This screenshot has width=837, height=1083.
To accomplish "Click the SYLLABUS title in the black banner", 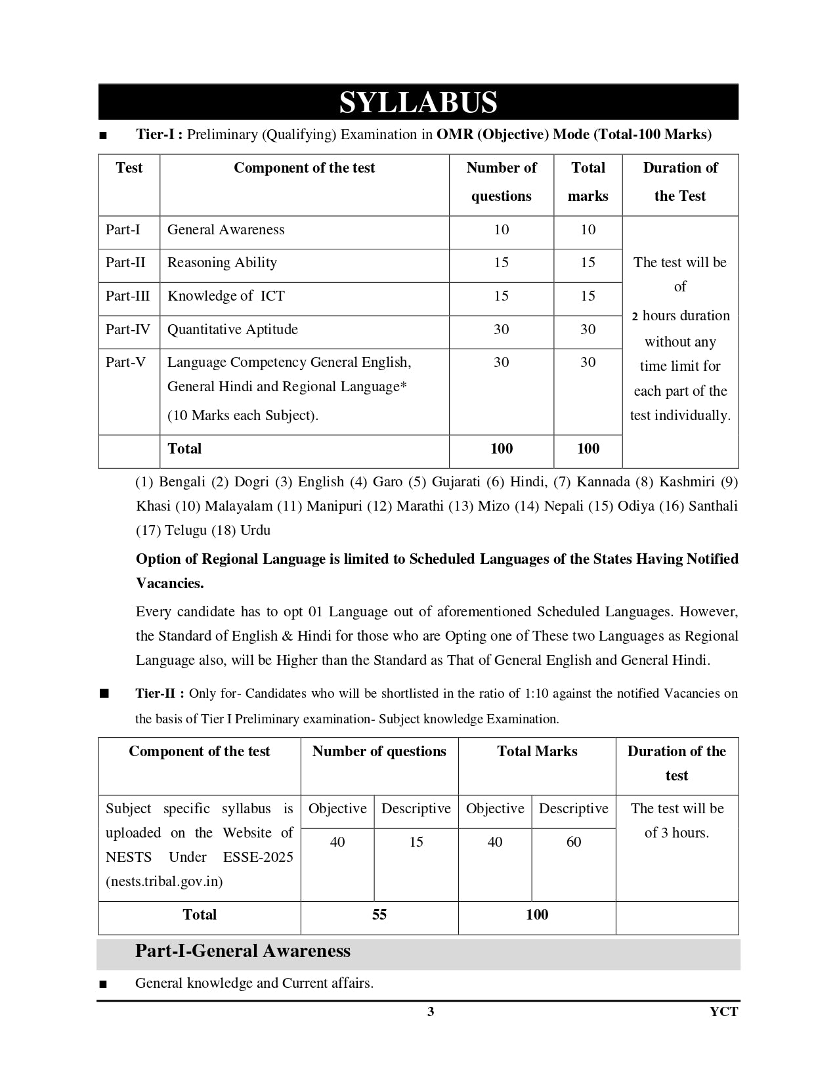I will (418, 102).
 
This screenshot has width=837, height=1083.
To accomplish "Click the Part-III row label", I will (127, 296).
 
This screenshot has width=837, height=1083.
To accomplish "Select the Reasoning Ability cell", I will (222, 263).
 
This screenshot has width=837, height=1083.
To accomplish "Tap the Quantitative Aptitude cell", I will (232, 329).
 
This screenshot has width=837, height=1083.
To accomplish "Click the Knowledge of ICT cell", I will (226, 296).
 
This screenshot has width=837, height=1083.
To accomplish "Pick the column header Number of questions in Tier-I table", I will (501, 182).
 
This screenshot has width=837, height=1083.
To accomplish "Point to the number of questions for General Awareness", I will (501, 230).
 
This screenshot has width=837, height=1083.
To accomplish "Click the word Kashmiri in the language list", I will (687, 482).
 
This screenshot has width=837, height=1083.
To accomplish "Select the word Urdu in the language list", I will (255, 530).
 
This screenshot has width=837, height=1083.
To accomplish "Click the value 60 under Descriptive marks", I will (573, 842).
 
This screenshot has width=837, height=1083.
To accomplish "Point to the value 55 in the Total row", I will (379, 915).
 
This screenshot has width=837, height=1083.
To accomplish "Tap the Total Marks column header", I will (537, 752).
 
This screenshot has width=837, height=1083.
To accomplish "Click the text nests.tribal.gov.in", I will (164, 881).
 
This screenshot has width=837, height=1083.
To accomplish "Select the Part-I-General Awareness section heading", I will (243, 951).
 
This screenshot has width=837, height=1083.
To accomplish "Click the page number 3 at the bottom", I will (431, 1011).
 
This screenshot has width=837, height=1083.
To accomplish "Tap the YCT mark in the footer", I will (723, 1011).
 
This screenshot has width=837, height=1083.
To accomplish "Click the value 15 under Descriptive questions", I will (416, 842).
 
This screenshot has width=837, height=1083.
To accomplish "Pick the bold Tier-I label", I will (159, 135).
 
